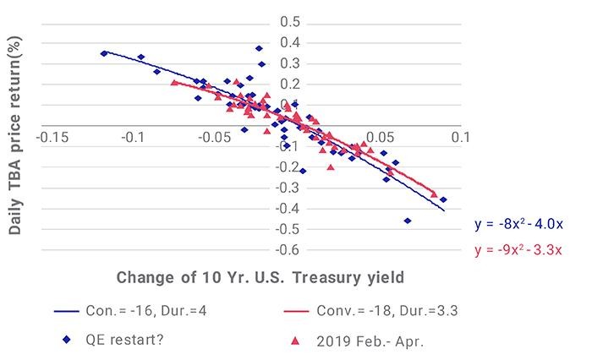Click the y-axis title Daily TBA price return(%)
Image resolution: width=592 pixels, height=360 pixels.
(14, 135)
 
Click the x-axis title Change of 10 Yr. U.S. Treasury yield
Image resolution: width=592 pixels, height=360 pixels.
(260, 278)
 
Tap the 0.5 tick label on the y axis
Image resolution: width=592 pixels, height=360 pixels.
(290, 22)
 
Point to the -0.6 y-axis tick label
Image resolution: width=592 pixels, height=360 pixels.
(288, 249)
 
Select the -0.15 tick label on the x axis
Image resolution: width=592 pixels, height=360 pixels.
(52, 138)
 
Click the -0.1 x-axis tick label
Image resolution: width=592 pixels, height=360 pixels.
(134, 138)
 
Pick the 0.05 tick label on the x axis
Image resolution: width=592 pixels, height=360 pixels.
(380, 138)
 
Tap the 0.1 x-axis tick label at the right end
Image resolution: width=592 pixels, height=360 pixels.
(461, 138)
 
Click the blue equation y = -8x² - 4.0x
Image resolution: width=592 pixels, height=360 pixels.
(518, 224)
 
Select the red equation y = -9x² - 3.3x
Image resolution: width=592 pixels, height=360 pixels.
(518, 250)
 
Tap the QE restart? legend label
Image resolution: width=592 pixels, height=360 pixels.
(124, 340)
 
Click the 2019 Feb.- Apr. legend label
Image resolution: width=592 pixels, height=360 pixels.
(370, 341)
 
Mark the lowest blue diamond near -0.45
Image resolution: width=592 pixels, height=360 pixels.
(408, 221)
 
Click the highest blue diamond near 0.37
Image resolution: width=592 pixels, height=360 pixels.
(259, 48)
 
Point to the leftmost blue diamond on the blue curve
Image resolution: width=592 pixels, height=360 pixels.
(104, 53)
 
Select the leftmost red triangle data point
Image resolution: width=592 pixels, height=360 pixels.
(174, 82)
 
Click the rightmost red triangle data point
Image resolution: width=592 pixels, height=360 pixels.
(434, 194)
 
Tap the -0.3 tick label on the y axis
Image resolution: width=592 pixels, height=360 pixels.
(288, 188)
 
